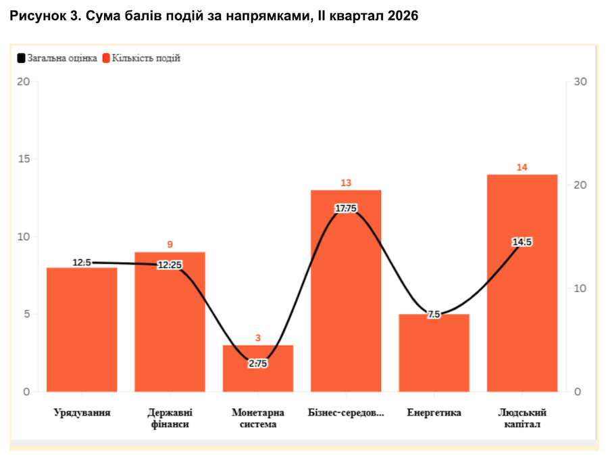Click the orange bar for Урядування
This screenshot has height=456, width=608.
(82, 329)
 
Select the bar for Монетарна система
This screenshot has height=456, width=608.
(258, 368)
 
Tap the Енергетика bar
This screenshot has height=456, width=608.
(434, 352)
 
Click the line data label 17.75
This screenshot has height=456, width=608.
(346, 208)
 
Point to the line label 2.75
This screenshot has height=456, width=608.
(258, 363)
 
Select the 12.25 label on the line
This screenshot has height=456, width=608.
(170, 265)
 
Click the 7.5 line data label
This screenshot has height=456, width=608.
(434, 314)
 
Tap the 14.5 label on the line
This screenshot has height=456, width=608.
(522, 242)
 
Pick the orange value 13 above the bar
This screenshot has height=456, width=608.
(346, 183)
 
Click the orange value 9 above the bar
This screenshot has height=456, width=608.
(170, 244)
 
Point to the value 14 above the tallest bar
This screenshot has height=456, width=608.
(522, 167)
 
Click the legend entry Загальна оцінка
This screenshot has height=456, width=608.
(57, 58)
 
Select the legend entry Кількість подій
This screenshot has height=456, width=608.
(142, 58)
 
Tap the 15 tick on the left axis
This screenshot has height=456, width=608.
(24, 159)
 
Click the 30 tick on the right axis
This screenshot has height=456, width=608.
(580, 82)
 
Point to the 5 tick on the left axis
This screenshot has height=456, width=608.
(27, 314)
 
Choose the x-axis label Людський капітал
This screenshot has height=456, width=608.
(522, 418)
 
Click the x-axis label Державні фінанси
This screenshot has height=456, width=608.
(170, 418)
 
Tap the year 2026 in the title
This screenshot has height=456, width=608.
(403, 16)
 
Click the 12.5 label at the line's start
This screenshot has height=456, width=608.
(82, 263)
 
